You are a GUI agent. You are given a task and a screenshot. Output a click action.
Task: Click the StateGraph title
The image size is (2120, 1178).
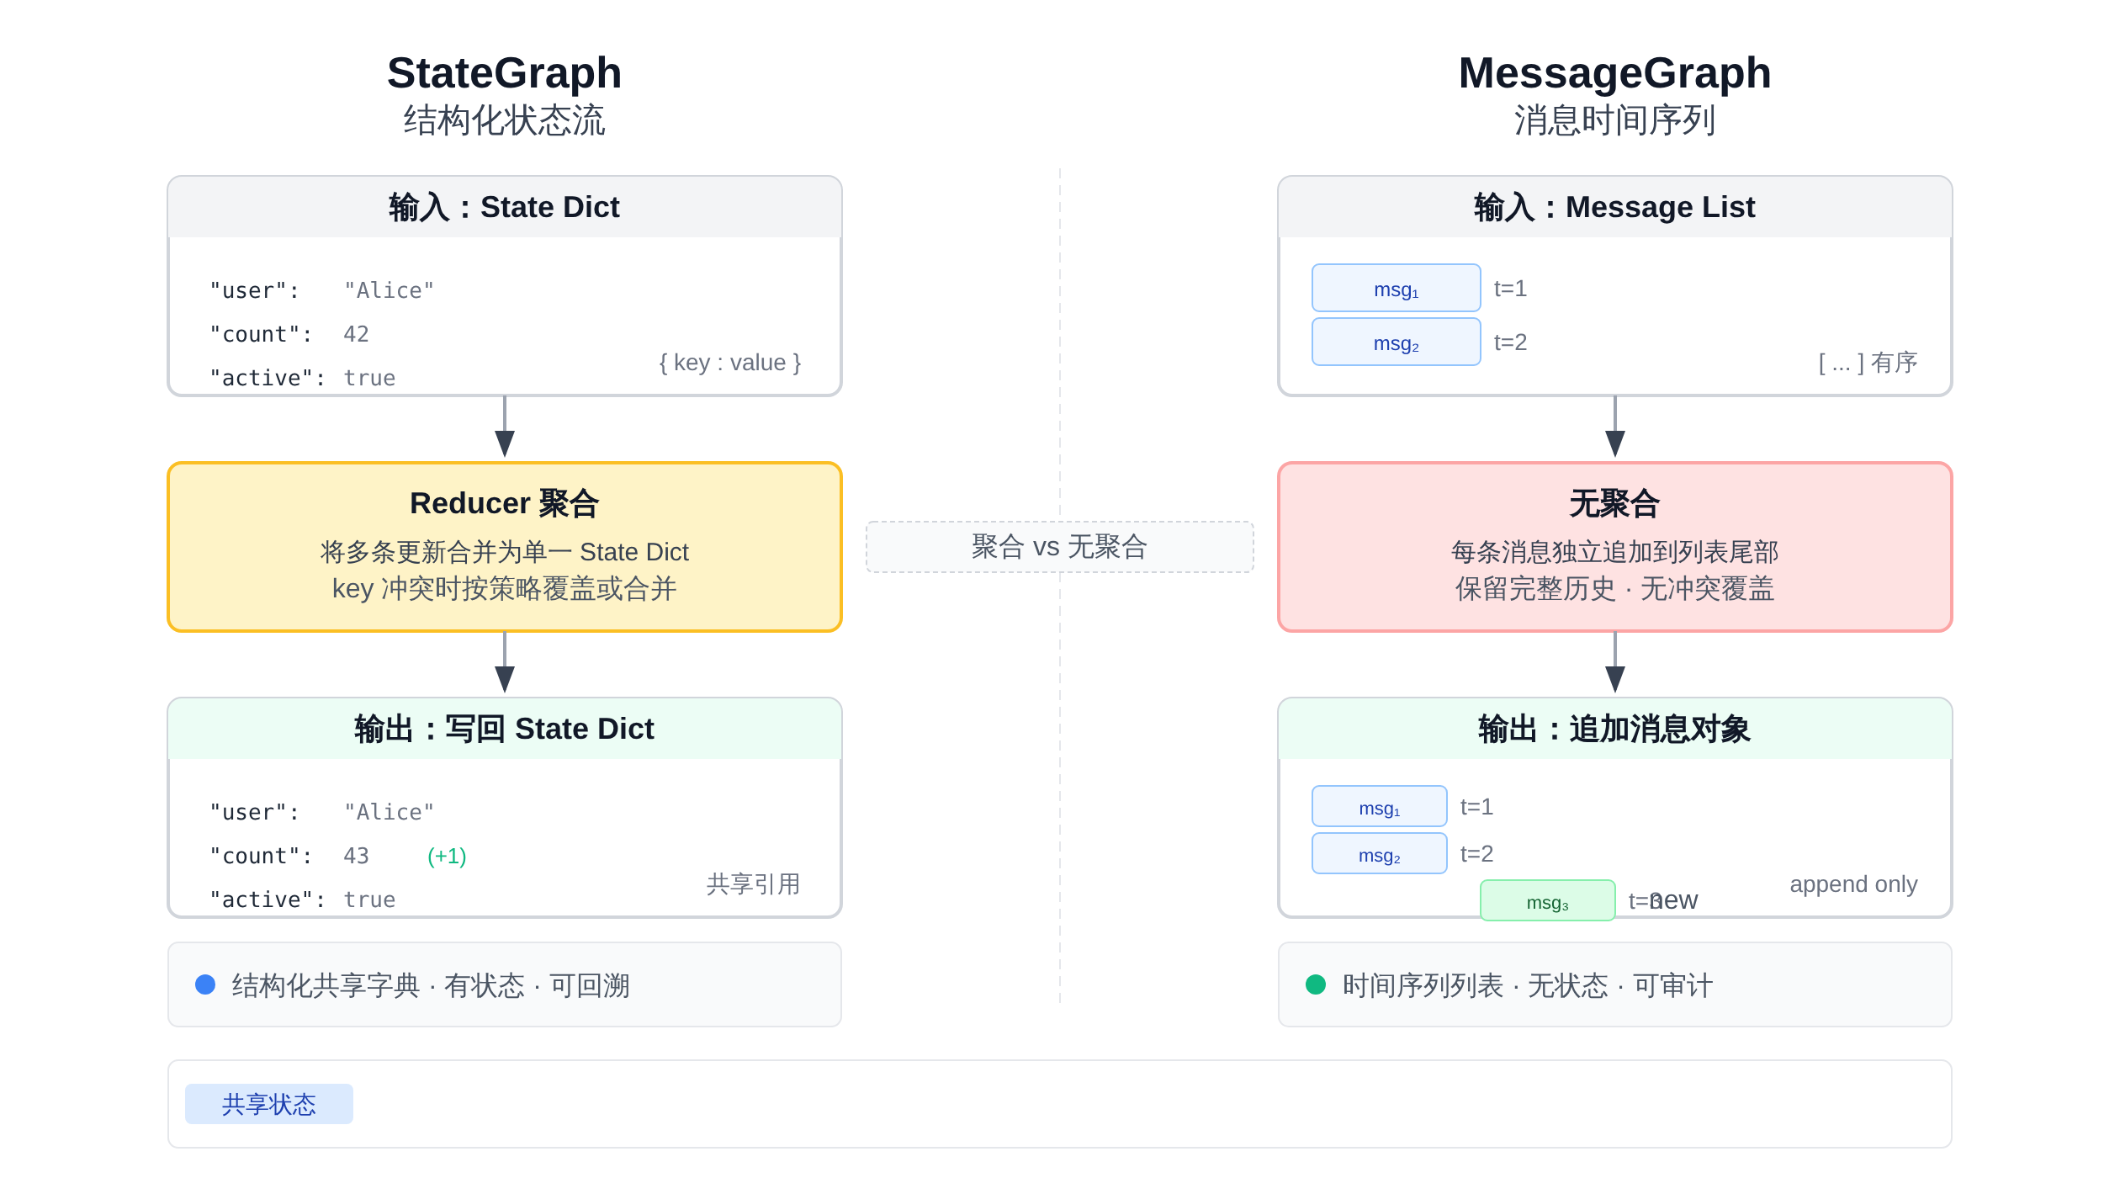tap(504, 73)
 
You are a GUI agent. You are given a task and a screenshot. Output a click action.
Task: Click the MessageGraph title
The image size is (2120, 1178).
tap(1614, 73)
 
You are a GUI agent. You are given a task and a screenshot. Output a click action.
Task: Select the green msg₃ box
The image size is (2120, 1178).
tap(1547, 901)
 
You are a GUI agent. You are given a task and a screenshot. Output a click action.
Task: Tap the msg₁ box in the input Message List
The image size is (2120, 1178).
tap(1396, 289)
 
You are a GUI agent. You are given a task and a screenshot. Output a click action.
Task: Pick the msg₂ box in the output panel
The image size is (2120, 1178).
tap(1379, 854)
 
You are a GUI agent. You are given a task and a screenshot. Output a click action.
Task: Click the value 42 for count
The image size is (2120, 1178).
tap(356, 334)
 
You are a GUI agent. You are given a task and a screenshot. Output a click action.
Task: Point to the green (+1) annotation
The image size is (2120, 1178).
tap(447, 856)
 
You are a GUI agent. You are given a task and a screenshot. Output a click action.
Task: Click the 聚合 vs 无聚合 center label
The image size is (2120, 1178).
tap(1059, 547)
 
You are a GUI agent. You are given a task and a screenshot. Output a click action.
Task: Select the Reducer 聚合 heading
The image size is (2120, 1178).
tap(504, 503)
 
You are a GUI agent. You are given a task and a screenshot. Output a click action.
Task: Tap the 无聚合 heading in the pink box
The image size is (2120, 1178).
tap(1614, 503)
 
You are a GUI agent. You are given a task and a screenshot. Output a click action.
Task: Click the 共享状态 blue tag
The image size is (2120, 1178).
tap(268, 1104)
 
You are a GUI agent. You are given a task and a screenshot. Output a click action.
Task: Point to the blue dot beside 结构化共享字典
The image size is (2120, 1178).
tap(205, 984)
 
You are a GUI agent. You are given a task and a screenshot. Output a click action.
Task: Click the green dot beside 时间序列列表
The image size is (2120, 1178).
tap(1316, 984)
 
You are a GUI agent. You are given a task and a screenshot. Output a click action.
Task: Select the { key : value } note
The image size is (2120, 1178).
tap(729, 363)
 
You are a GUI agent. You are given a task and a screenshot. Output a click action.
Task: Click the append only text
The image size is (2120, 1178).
tap(1853, 884)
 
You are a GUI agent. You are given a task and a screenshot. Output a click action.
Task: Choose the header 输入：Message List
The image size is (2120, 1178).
tap(1614, 207)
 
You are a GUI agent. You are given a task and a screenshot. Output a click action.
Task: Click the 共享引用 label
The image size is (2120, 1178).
tap(753, 884)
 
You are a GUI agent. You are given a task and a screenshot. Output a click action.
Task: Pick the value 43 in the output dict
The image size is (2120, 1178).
tap(356, 856)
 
